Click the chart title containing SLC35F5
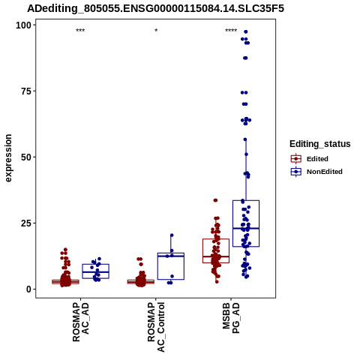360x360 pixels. tap(155, 8)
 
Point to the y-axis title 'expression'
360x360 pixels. tap(8, 158)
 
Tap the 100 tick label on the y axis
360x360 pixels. tap(23, 25)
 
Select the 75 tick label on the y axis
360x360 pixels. tap(26, 91)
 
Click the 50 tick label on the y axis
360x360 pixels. tap(26, 157)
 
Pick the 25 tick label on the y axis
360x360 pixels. tap(26, 223)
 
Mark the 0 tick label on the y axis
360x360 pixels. tap(29, 289)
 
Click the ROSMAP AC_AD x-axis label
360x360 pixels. tap(80, 322)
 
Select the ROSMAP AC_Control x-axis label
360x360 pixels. tap(156, 327)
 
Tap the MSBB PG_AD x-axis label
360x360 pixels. tap(231, 318)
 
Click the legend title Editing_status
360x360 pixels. tap(320, 144)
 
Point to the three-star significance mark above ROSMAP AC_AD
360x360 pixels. tap(80, 31)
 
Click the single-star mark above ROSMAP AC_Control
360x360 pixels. tap(156, 31)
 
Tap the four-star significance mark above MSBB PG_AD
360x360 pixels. tap(231, 31)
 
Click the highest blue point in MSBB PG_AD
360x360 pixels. tap(246, 31)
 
